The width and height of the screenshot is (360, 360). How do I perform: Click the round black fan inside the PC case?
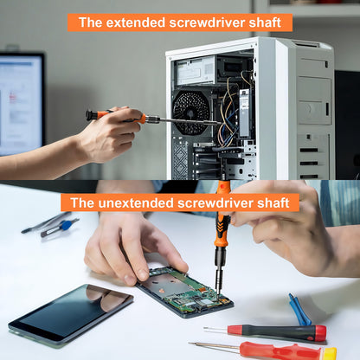coord(192,112)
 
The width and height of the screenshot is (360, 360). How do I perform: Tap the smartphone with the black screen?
coord(71,314)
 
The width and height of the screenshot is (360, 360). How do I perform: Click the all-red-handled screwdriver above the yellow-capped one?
coord(277,331)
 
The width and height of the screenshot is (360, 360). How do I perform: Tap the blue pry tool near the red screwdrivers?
coord(299,309)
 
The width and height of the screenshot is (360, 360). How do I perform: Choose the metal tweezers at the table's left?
coord(43,222)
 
